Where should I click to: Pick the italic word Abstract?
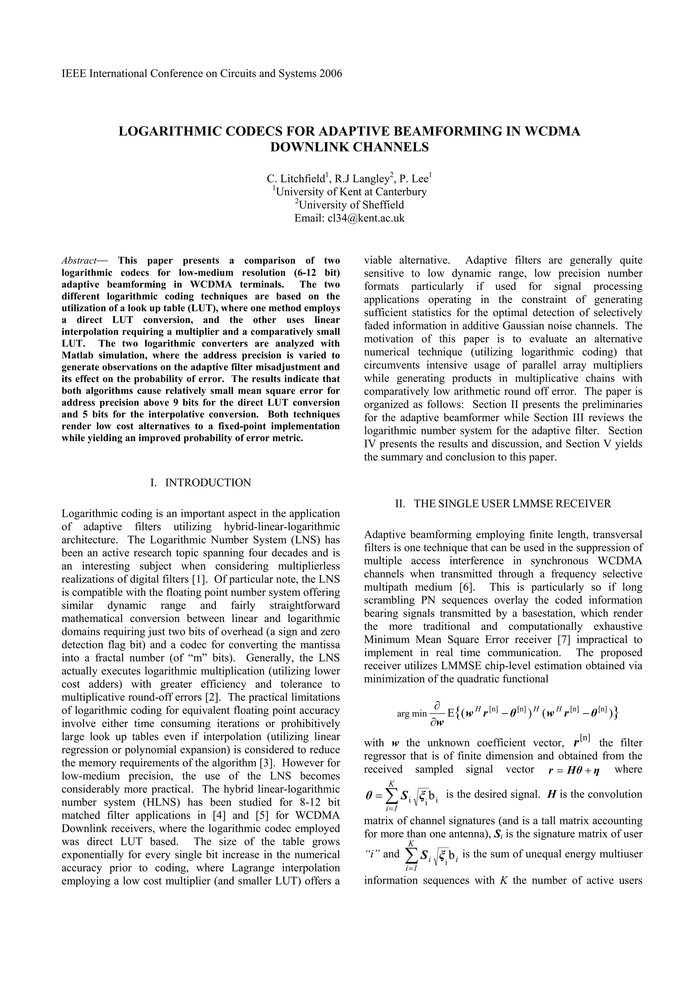79,261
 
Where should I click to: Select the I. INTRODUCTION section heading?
201,483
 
